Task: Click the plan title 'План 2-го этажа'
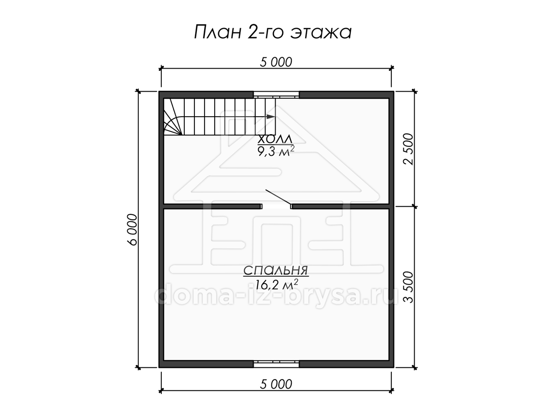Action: tap(273, 32)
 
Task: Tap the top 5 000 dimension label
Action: tap(276, 62)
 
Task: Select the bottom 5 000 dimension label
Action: tap(276, 384)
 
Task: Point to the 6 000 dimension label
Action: tap(132, 229)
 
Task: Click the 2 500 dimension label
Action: tap(408, 149)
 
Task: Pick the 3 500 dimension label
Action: tap(408, 287)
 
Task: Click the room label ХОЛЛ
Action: tap(275, 139)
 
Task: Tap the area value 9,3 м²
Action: tap(276, 151)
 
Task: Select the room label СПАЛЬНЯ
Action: tap(276, 270)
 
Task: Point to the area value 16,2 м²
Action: tap(276, 284)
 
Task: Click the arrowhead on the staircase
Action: tap(271, 116)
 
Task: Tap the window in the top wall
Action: tap(276, 95)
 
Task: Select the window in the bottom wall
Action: tap(276, 364)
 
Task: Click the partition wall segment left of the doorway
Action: tap(212, 207)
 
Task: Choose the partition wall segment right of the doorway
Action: tap(341, 207)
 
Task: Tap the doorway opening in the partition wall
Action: tap(276, 207)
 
